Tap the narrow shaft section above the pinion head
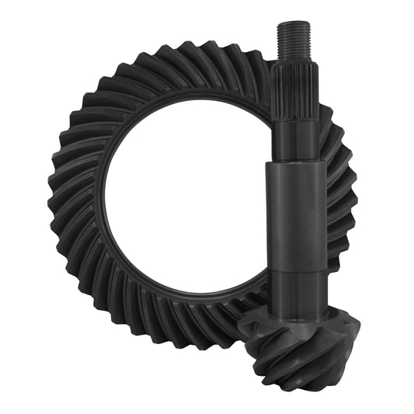294,284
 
